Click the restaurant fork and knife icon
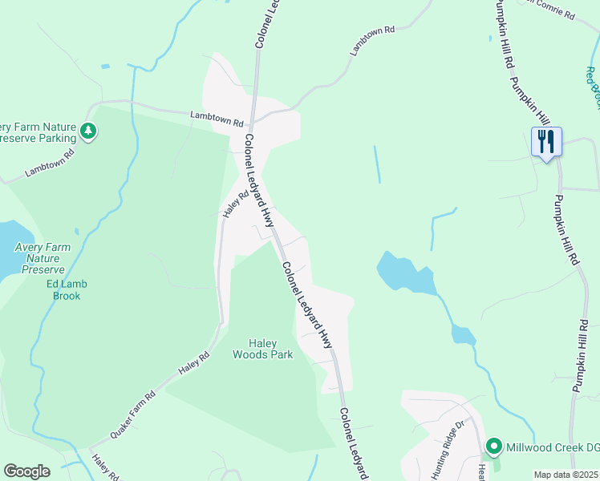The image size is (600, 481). coord(546,142)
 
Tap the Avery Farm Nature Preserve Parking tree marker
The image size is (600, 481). coord(89,131)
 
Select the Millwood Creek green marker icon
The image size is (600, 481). coord(495,446)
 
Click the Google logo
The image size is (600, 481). coord(26,471)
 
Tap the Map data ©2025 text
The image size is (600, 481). coord(566,475)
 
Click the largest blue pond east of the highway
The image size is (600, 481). coord(405,274)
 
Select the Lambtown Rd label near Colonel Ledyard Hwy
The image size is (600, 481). coord(216,119)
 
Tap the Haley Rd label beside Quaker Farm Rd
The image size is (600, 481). coord(193,362)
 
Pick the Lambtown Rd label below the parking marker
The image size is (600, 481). coord(49,163)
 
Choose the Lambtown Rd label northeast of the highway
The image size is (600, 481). coord(372,41)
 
